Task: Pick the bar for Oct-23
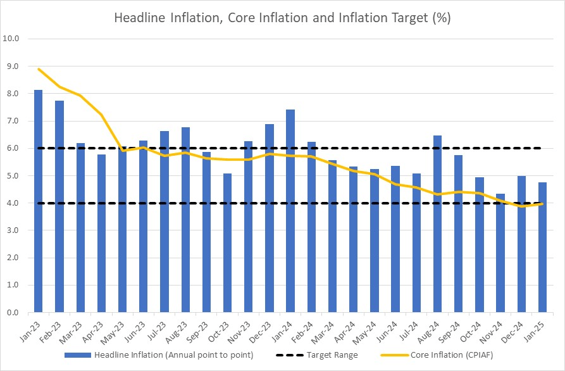[228, 243]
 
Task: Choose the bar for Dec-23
[270, 218]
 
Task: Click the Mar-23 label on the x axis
[75, 330]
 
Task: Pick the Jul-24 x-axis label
[412, 330]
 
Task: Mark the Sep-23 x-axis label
[201, 330]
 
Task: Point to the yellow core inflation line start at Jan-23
[39, 68]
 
